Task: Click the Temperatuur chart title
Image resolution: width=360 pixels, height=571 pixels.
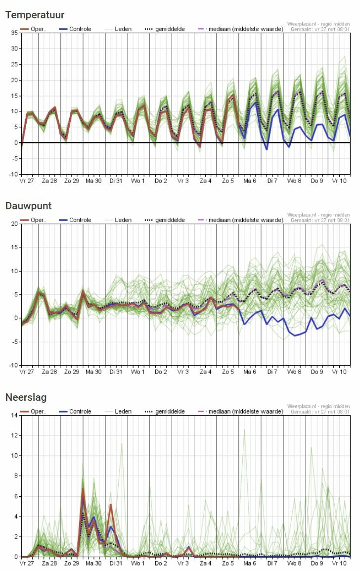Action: click(35, 15)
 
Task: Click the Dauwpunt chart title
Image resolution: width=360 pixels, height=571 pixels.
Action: click(28, 206)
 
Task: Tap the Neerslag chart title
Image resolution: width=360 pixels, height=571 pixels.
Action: click(26, 397)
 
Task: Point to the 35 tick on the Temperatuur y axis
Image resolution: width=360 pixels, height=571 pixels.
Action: click(14, 33)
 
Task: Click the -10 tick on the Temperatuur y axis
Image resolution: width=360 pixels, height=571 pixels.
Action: click(13, 174)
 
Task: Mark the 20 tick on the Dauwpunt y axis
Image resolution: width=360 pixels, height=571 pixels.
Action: click(14, 224)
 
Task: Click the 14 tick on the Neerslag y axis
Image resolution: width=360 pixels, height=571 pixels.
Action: click(14, 416)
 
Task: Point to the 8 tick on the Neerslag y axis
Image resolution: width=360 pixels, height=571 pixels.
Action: click(16, 476)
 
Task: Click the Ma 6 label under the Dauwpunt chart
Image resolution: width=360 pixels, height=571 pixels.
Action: click(250, 372)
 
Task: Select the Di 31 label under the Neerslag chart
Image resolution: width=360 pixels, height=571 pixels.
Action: click(116, 563)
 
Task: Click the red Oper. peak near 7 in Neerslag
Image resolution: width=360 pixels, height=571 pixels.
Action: click(83, 489)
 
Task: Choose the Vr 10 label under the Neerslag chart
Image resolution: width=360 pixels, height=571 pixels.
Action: click(339, 563)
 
